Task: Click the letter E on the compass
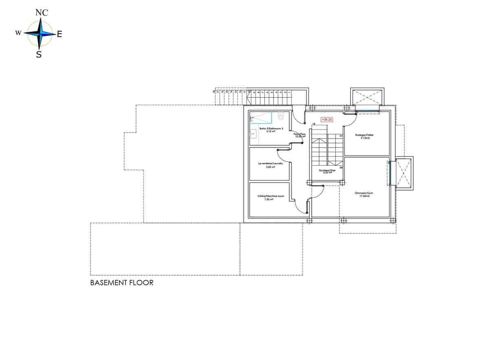59,35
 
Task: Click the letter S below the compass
39,54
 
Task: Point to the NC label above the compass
42,13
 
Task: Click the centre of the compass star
40,34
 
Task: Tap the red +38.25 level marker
327,120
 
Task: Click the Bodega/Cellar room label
364,135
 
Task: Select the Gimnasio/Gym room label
364,193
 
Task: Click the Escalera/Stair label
327,170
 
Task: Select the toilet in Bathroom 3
281,117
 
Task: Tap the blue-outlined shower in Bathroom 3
260,117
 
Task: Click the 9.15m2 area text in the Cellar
364,138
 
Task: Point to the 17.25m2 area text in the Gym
364,196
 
